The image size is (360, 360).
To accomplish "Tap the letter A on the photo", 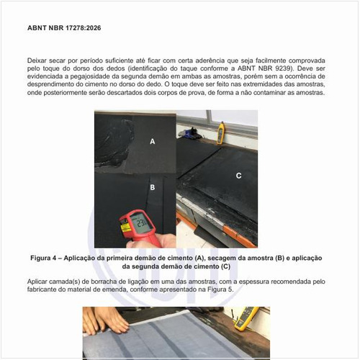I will click(x=152, y=142).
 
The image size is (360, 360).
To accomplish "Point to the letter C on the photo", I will click(x=238, y=175).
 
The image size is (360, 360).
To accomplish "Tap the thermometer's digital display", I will click(x=143, y=225).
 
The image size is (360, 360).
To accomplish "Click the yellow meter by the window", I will click(x=220, y=129).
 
